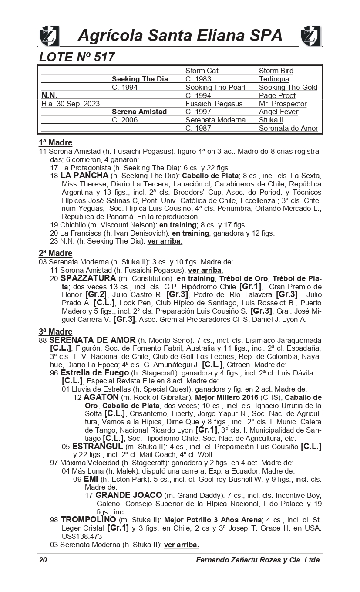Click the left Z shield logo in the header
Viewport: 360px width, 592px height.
point(49,36)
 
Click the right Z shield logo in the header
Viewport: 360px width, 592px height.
point(310,36)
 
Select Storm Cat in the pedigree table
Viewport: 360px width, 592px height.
point(202,71)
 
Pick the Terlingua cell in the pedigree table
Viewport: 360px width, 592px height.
point(274,79)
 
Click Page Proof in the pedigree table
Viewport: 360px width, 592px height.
point(277,95)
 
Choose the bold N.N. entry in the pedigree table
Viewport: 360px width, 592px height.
point(49,95)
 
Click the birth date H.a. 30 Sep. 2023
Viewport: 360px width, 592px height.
point(71,104)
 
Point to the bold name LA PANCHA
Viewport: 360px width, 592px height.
point(84,176)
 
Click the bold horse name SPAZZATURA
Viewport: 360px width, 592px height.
point(88,278)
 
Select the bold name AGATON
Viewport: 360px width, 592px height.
point(101,397)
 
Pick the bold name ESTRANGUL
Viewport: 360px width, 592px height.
point(98,447)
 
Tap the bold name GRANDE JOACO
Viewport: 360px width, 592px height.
point(128,495)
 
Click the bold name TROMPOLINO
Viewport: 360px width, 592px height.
point(88,520)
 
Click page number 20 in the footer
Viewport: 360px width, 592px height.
point(43,560)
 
